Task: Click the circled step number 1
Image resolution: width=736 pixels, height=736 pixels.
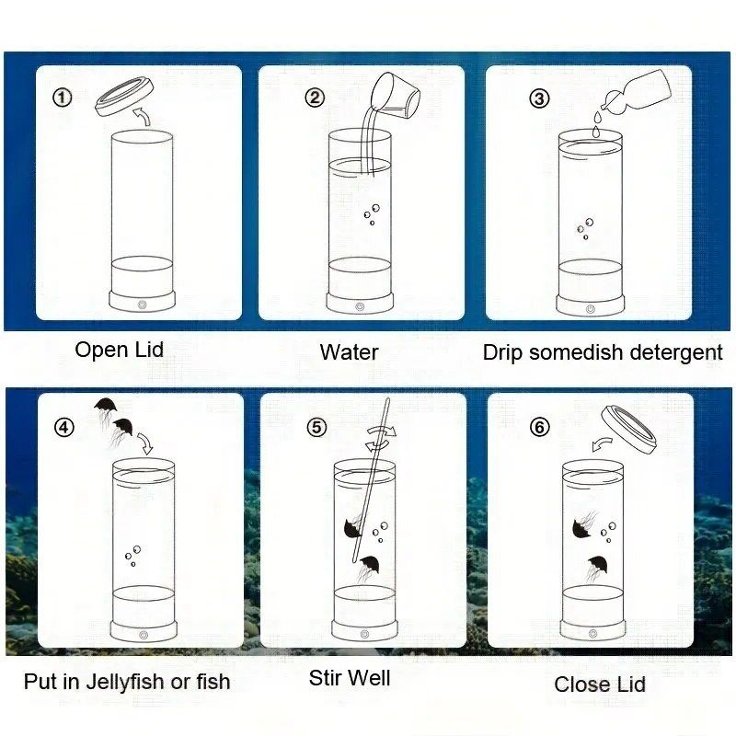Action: pyautogui.click(x=62, y=98)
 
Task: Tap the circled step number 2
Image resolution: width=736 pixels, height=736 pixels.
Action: pyautogui.click(x=315, y=98)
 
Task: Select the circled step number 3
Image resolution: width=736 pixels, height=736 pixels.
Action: pyautogui.click(x=539, y=98)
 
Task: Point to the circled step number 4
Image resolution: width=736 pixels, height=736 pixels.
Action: pyautogui.click(x=64, y=427)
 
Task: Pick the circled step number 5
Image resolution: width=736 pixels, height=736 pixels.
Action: pyautogui.click(x=316, y=427)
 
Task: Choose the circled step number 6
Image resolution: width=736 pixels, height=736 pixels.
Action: pyautogui.click(x=539, y=427)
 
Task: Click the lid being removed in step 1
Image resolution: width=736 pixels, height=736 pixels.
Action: pyautogui.click(x=125, y=97)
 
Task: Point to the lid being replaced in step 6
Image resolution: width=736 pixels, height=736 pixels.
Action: pyautogui.click(x=629, y=430)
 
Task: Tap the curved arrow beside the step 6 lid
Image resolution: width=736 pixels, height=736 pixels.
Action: pyautogui.click(x=602, y=443)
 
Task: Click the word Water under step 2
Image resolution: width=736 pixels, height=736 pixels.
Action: pyautogui.click(x=350, y=352)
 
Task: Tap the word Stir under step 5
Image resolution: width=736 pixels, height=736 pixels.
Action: pyautogui.click(x=325, y=678)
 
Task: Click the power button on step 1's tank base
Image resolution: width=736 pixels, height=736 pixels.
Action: pyautogui.click(x=143, y=305)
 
